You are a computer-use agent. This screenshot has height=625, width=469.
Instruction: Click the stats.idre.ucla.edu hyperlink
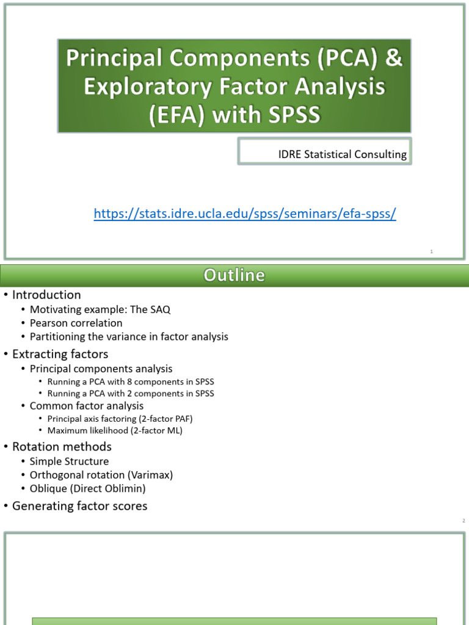click(245, 214)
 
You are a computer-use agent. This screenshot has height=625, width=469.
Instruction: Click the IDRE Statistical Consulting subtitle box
click(342, 154)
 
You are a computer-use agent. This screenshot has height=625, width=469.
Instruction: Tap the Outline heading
click(234, 276)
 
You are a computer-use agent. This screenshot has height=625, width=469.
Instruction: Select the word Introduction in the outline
click(46, 295)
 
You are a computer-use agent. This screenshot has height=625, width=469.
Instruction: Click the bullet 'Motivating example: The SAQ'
click(100, 309)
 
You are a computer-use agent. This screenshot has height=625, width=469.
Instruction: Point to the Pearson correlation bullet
click(76, 323)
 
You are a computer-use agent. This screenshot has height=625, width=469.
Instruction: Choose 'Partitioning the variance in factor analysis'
click(129, 336)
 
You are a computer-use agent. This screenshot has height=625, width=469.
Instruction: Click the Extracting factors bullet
click(60, 354)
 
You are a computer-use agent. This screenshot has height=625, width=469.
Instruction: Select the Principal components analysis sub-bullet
click(101, 369)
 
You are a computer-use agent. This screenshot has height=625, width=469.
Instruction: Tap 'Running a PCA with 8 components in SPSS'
click(131, 382)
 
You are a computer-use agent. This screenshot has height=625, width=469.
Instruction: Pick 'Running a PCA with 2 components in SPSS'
click(131, 394)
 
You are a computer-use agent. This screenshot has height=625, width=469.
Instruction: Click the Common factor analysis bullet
click(87, 406)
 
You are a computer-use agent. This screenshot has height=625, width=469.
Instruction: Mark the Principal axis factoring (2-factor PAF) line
click(120, 419)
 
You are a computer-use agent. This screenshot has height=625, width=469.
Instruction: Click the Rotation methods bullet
click(62, 447)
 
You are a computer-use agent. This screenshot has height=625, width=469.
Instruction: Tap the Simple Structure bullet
click(69, 461)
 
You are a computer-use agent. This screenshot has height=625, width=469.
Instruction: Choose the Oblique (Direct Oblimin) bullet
click(88, 488)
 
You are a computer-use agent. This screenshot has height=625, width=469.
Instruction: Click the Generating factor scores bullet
click(79, 506)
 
